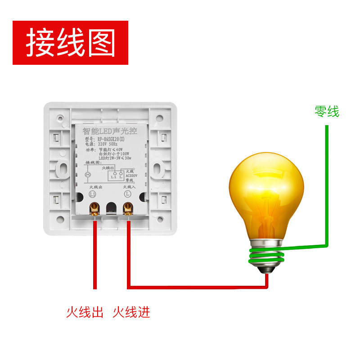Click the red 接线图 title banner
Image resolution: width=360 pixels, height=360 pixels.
[70, 43]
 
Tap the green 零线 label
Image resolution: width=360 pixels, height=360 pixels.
[327, 111]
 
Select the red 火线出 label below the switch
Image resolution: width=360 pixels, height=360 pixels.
[85, 312]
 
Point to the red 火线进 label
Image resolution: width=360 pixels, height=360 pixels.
[131, 312]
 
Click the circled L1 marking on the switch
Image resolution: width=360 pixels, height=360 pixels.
[93, 194]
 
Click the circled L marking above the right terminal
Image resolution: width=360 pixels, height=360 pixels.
[128, 194]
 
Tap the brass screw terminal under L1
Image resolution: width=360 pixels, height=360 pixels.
[95, 208]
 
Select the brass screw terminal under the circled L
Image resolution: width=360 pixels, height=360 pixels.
[128, 208]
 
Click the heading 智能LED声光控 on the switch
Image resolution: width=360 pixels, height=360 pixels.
[110, 131]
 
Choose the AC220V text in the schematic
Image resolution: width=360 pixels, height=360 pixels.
[131, 175]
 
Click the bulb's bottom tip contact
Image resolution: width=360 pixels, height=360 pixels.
[267, 272]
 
